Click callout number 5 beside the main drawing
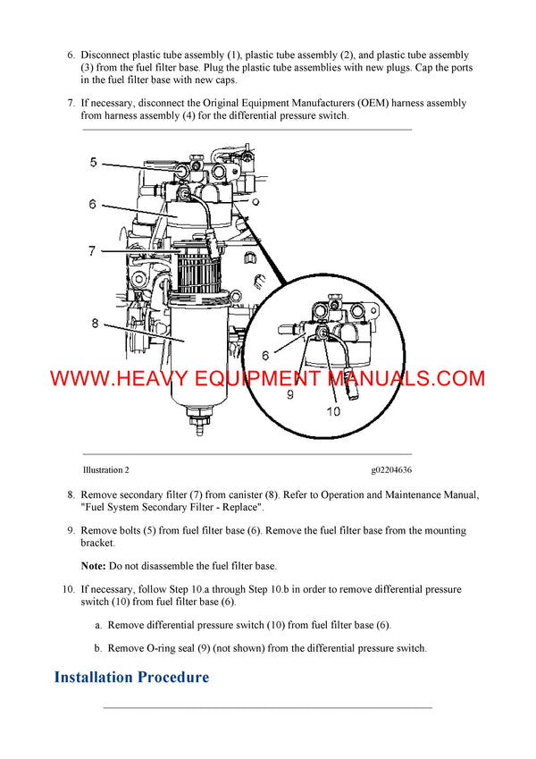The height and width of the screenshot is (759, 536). (93, 164)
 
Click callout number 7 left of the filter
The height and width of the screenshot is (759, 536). (92, 251)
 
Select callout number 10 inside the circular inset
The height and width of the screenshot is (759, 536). (331, 412)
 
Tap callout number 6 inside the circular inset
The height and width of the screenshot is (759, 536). (265, 355)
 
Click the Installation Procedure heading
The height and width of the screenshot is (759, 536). (131, 677)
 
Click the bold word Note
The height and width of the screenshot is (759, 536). (92, 566)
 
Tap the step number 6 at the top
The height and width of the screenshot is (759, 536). (71, 55)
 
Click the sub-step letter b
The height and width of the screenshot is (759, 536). (98, 648)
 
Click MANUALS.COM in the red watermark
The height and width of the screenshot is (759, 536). (406, 378)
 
